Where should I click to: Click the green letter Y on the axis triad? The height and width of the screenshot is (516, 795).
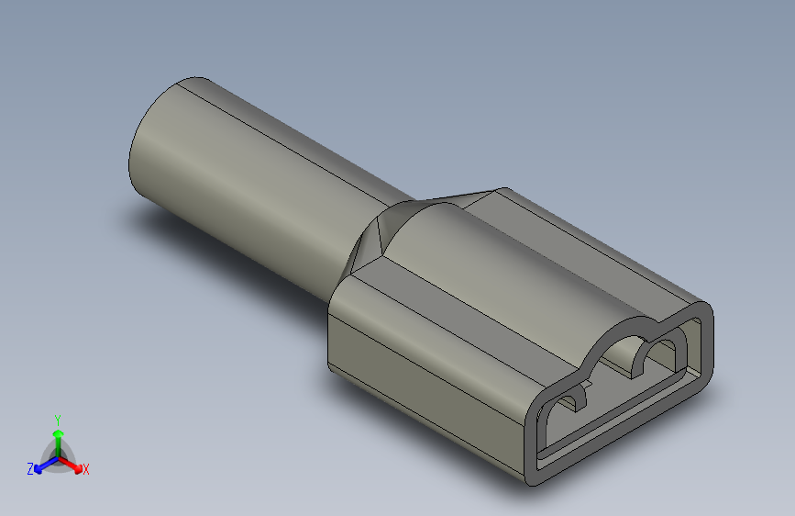[x=58, y=420]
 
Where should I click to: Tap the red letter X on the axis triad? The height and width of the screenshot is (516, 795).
[x=85, y=469]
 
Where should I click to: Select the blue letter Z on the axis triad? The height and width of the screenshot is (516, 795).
[x=30, y=469]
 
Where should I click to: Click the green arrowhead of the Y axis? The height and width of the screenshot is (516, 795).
[x=58, y=433]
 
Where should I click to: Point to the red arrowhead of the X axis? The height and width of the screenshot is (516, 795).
[x=78, y=468]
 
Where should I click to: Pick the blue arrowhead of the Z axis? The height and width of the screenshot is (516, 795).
[x=38, y=469]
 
